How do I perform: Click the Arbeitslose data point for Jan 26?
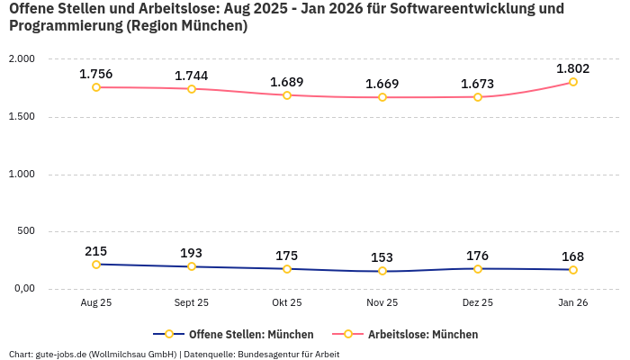click(x=573, y=82)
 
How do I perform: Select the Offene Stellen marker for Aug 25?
click(x=96, y=265)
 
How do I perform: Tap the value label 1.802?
click(x=573, y=68)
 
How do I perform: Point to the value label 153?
click(x=382, y=257)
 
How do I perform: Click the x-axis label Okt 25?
click(x=287, y=303)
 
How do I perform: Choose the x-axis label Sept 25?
click(x=192, y=303)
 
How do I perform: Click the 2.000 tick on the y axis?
click(x=20, y=58)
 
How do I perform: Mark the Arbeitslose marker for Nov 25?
click(x=382, y=97)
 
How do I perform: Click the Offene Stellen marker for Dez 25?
click(x=478, y=268)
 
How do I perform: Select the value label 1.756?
click(x=96, y=74)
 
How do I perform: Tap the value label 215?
click(x=96, y=251)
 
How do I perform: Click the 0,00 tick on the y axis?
click(x=22, y=289)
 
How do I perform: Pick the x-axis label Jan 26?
click(x=573, y=303)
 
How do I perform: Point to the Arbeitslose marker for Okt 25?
click(x=287, y=94)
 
